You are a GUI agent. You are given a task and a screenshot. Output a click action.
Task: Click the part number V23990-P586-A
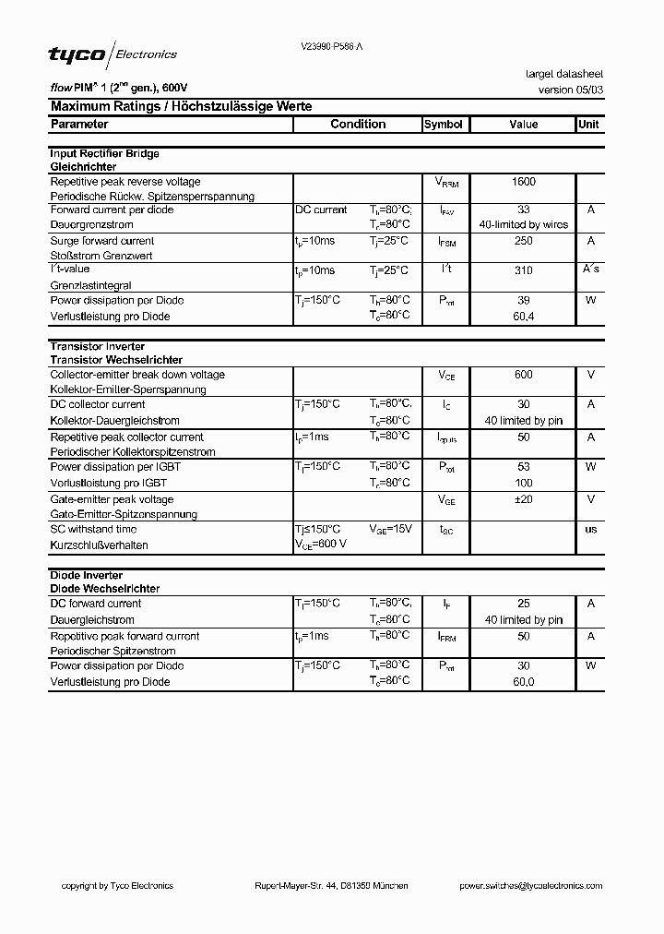338,46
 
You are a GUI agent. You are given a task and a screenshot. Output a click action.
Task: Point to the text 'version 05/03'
571,90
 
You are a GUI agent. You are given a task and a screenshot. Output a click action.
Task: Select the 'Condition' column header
358,125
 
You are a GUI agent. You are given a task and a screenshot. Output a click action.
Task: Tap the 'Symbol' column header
443,125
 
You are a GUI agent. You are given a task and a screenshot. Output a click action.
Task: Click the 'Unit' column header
588,125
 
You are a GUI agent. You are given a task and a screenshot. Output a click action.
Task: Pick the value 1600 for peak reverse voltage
523,182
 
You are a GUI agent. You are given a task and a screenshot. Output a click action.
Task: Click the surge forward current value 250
523,241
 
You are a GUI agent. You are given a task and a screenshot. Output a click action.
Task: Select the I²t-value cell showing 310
523,271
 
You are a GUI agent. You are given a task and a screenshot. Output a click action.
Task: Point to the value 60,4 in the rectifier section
523,317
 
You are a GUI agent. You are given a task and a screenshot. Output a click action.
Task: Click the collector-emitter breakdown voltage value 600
523,375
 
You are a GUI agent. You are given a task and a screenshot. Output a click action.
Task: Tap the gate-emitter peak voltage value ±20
523,499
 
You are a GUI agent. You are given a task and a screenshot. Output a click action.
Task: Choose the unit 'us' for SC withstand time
590,529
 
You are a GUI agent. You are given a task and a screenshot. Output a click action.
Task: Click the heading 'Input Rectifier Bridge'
104,154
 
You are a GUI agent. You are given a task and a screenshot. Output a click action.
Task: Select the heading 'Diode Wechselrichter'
104,589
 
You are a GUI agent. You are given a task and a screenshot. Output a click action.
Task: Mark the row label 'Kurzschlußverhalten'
99,545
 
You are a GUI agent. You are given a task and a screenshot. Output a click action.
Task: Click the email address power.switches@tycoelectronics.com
530,886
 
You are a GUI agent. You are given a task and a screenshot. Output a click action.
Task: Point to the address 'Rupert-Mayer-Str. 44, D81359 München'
331,886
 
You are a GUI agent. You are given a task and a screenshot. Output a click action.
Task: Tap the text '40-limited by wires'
523,225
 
